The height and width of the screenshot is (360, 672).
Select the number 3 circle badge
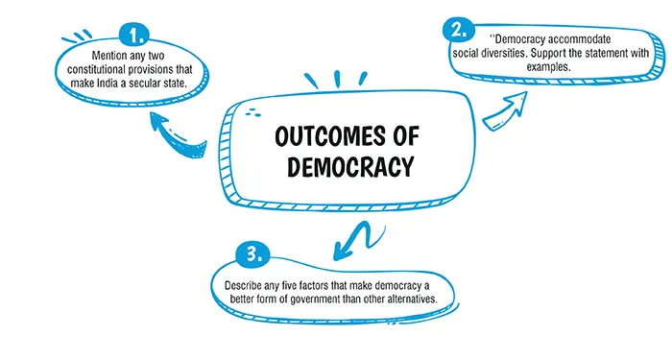[251, 255]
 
